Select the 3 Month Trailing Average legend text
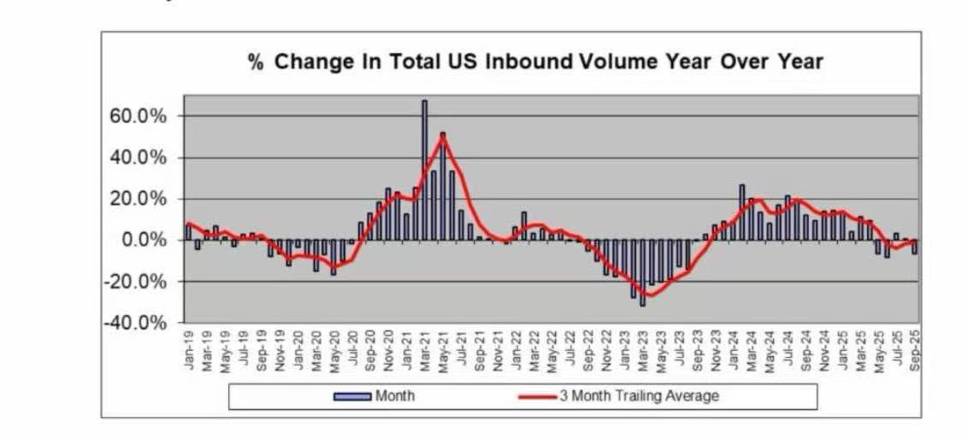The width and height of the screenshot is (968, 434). [x=639, y=396]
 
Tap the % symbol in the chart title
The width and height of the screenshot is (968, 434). [x=256, y=62]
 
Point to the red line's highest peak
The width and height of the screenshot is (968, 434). [x=442, y=137]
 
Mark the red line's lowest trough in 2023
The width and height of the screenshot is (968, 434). [x=650, y=296]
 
